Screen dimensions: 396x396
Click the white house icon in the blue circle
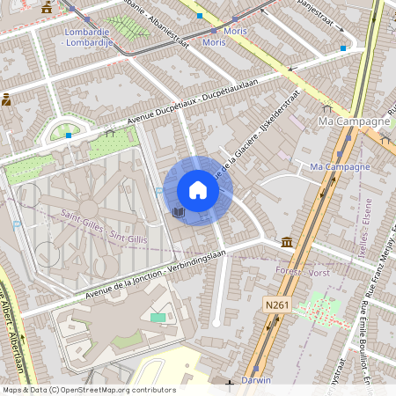(198, 190)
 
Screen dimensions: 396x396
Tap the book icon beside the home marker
(178, 212)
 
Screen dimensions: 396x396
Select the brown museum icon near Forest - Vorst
(287, 241)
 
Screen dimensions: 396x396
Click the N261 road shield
(276, 304)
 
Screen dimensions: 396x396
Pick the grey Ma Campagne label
(354, 121)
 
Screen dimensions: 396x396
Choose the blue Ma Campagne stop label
(341, 166)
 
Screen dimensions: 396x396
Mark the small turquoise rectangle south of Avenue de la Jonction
(158, 317)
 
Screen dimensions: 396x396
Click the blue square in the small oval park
(69, 135)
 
